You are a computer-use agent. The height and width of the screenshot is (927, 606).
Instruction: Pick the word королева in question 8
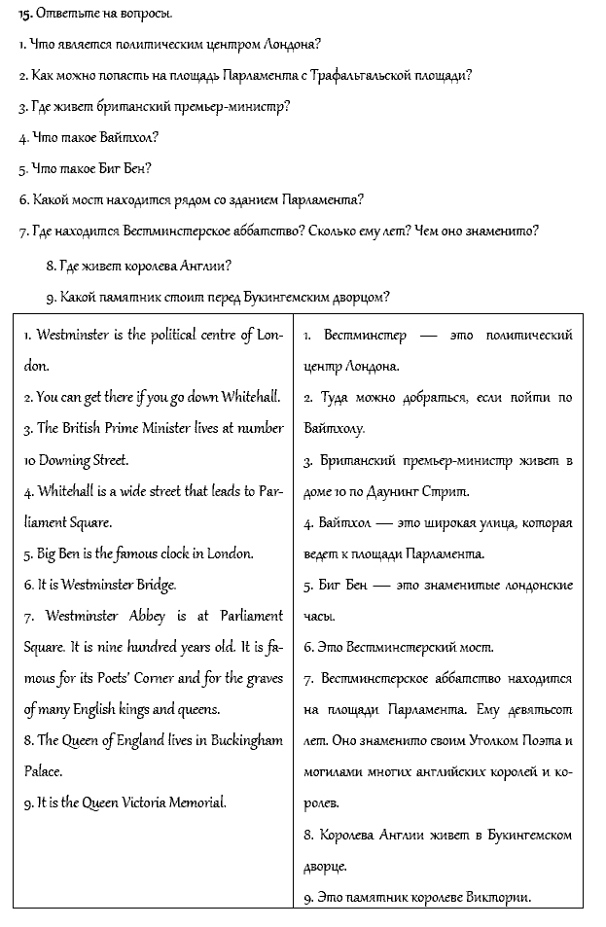(139, 265)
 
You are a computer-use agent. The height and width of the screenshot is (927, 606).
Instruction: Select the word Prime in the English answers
(118, 428)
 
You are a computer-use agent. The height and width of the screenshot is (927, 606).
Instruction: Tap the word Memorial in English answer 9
(194, 802)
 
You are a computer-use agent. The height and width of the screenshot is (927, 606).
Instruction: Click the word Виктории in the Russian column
(497, 897)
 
